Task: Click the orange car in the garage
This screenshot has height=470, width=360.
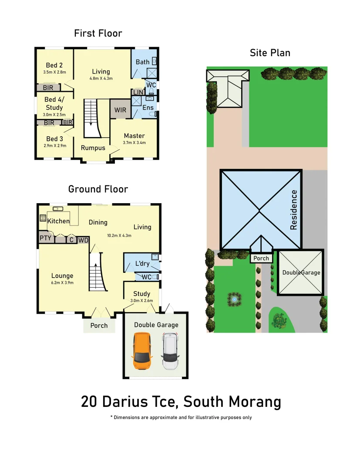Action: pyautogui.click(x=142, y=351)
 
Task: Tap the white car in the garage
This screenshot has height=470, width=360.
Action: pyautogui.click(x=170, y=351)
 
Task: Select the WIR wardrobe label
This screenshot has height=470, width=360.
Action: pyautogui.click(x=120, y=110)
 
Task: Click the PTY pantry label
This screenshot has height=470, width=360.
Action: pyautogui.click(x=46, y=238)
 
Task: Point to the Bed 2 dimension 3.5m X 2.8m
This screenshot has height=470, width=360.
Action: pyautogui.click(x=54, y=72)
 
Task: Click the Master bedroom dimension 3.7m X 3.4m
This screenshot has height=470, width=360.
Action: pyautogui.click(x=134, y=142)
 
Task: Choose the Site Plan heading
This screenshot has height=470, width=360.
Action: pyautogui.click(x=270, y=53)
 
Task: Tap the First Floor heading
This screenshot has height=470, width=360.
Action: pyautogui.click(x=98, y=34)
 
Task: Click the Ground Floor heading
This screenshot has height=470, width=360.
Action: pyautogui.click(x=98, y=189)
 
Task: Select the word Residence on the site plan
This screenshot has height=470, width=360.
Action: pyautogui.click(x=294, y=210)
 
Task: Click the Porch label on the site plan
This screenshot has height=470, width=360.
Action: pyautogui.click(x=261, y=258)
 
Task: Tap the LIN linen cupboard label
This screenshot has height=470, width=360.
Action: pyautogui.click(x=138, y=93)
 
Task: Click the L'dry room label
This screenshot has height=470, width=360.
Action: pyautogui.click(x=142, y=264)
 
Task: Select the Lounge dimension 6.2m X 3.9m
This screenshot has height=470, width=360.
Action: pyautogui.click(x=62, y=282)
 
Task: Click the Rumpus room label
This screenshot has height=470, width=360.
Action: pyautogui.click(x=93, y=148)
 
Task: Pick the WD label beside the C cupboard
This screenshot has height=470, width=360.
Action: pyautogui.click(x=83, y=240)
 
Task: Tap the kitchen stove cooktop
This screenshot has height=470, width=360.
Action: pyautogui.click(x=43, y=218)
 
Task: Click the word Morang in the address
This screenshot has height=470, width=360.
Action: pyautogui.click(x=254, y=402)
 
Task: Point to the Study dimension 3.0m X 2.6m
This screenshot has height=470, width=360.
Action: pyautogui.click(x=141, y=300)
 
